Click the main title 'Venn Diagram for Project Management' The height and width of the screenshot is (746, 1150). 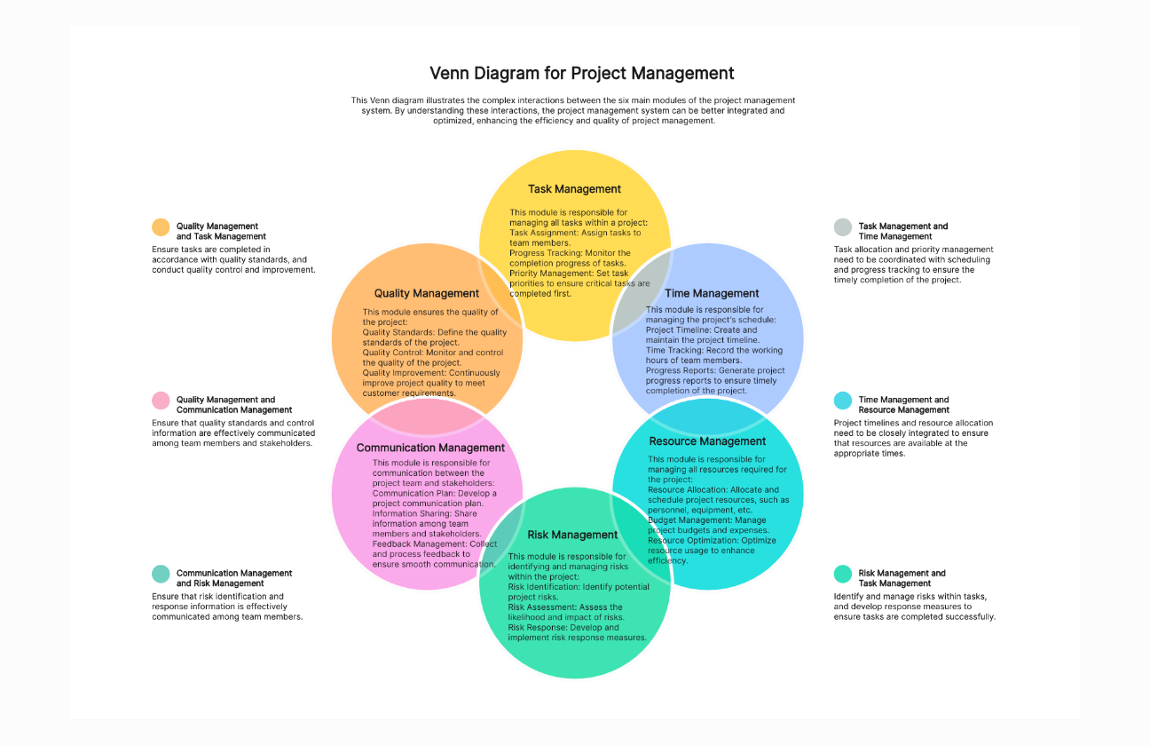pyautogui.click(x=582, y=73)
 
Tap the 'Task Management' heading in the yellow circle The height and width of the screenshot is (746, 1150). pyautogui.click(x=574, y=189)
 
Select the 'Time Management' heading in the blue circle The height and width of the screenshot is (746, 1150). pyautogui.click(x=713, y=293)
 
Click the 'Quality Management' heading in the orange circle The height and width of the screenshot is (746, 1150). pyautogui.click(x=426, y=293)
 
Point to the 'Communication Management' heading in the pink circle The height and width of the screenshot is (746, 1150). pyautogui.click(x=430, y=448)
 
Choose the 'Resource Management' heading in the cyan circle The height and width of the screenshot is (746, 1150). pyautogui.click(x=707, y=441)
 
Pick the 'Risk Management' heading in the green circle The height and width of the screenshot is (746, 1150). pyautogui.click(x=572, y=535)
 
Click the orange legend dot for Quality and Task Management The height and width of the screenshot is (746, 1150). pyautogui.click(x=161, y=227)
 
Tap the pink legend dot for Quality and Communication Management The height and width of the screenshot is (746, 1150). pyautogui.click(x=161, y=401)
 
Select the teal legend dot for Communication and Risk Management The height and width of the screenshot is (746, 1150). pyautogui.click(x=161, y=574)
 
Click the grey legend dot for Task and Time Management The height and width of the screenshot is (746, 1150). pyautogui.click(x=843, y=227)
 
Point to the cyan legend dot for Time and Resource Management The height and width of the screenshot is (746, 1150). pyautogui.click(x=843, y=401)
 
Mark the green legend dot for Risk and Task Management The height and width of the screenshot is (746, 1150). pyautogui.click(x=843, y=574)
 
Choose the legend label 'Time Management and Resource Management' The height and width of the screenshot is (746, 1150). pyautogui.click(x=903, y=405)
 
